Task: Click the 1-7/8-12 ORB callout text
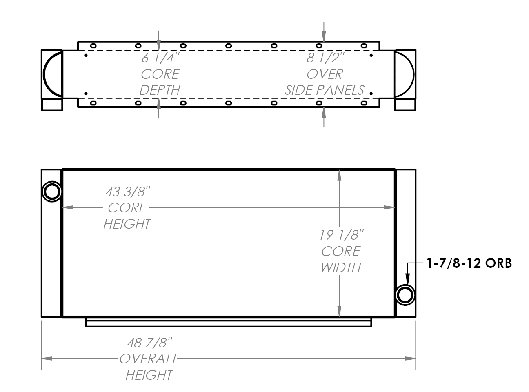click(469, 263)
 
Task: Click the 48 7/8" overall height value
click(149, 342)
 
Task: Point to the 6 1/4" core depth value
click(160, 58)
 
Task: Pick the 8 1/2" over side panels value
click(324, 58)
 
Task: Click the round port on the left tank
click(52, 192)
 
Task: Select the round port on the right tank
click(405, 295)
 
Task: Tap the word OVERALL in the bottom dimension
click(149, 359)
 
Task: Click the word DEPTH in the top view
click(160, 90)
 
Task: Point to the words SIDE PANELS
click(324, 90)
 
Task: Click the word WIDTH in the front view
click(341, 268)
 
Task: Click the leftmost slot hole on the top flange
click(93, 45)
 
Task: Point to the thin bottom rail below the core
click(229, 323)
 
